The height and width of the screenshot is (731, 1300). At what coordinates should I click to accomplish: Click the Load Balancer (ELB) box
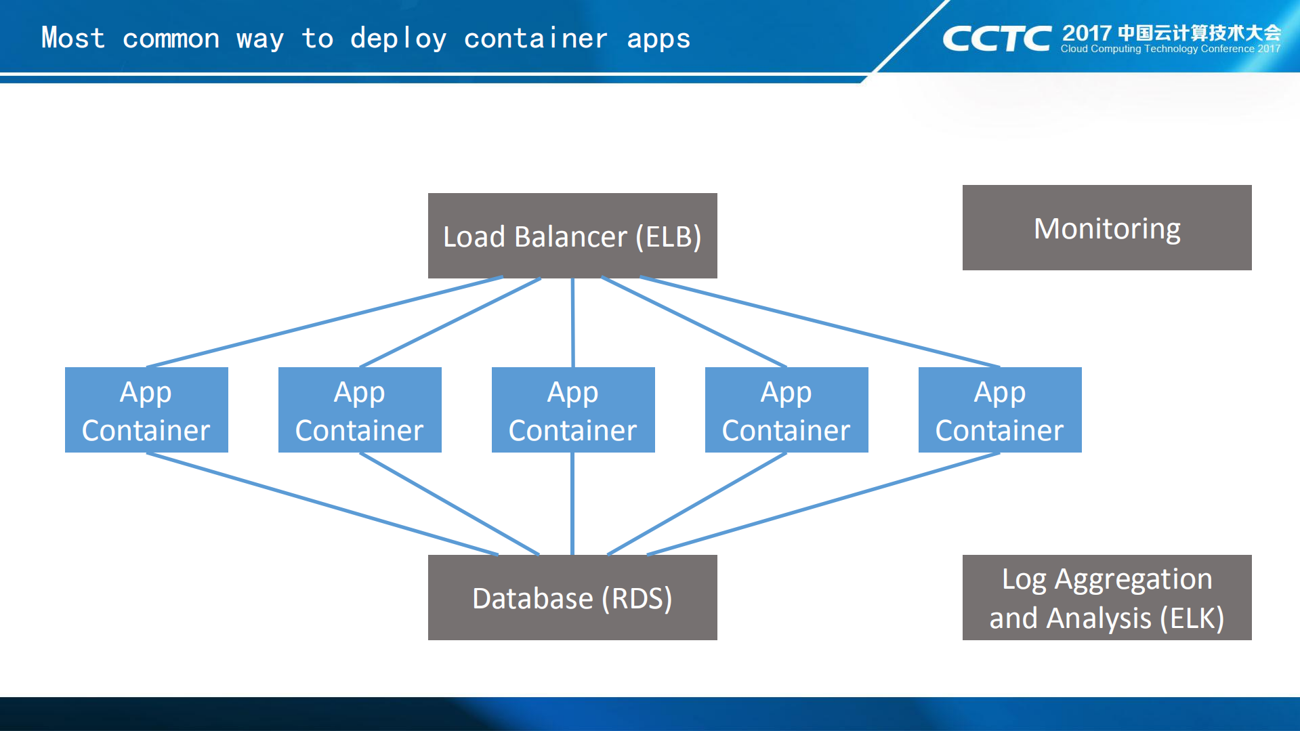coord(572,236)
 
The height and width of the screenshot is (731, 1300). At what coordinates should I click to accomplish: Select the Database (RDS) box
coord(572,598)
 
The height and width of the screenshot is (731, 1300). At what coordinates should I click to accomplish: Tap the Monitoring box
coord(1107,228)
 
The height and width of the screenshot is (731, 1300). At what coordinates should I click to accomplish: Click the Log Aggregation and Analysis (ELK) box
coord(1107,598)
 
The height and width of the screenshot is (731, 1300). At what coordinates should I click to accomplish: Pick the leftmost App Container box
coord(146,410)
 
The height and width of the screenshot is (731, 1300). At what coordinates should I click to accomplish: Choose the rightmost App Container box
coord(1000,410)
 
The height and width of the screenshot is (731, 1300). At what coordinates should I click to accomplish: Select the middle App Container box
coord(573,410)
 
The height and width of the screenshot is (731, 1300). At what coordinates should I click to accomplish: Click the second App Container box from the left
coord(360,410)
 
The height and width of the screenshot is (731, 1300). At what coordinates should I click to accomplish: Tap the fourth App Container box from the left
coord(787,410)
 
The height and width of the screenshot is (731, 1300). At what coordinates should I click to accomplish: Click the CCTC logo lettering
coord(997,39)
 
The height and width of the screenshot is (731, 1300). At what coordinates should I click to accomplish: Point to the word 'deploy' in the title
coord(398,39)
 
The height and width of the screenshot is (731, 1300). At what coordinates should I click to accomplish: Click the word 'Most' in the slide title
coord(73,38)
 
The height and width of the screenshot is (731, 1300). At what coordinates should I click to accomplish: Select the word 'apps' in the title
coord(658,39)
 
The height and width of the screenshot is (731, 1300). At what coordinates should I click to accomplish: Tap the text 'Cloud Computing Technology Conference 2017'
coord(1170,49)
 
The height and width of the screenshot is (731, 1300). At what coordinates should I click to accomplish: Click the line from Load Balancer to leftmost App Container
coord(325,322)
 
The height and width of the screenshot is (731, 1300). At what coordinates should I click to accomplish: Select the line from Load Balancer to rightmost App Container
coord(820,322)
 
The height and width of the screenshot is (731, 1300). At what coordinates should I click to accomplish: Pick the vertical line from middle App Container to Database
coord(572,504)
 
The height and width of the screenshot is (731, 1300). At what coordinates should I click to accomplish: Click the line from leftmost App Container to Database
coord(322,504)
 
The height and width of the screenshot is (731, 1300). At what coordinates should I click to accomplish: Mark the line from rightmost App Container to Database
coord(823,504)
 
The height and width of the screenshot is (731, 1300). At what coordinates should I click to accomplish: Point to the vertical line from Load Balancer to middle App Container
coord(573,322)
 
